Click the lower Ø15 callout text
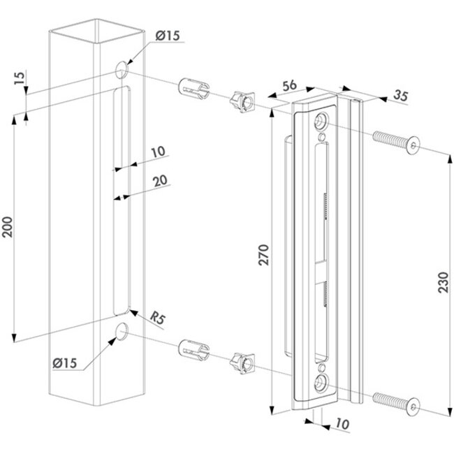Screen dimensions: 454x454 (x=73, y=362)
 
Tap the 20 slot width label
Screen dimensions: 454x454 (x=160, y=180)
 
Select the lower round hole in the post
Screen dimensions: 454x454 (x=121, y=332)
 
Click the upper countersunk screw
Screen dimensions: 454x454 (x=398, y=142)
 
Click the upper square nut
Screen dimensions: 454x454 (x=241, y=103)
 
